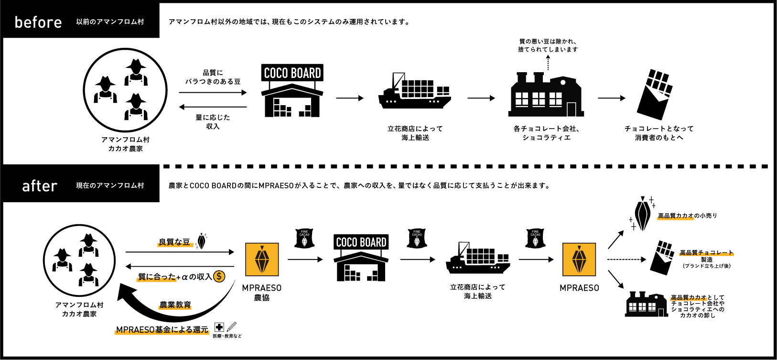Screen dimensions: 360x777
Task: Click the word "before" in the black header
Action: [38, 22]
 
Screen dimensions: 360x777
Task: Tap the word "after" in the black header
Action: [40, 185]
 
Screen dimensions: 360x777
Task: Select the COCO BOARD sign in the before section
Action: [292, 73]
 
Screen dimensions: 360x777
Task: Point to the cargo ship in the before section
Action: [414, 93]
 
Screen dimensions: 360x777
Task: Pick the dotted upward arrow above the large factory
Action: [548, 63]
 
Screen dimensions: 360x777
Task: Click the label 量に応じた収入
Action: [213, 121]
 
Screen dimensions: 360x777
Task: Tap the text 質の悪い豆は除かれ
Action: [548, 42]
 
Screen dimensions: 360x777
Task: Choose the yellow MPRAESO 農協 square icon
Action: [262, 260]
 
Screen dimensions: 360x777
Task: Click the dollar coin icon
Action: [219, 276]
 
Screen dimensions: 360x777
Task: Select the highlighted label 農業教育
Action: [175, 305]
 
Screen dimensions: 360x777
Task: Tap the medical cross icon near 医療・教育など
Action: [219, 327]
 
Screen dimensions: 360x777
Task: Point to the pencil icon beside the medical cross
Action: [232, 327]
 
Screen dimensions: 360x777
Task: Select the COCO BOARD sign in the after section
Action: [361, 242]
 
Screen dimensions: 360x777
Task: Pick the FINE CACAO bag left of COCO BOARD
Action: [304, 238]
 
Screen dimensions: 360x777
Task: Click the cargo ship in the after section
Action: [477, 259]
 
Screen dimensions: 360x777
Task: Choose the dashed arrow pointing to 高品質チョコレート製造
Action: [626, 260]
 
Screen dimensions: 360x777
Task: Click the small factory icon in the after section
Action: [646, 304]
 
